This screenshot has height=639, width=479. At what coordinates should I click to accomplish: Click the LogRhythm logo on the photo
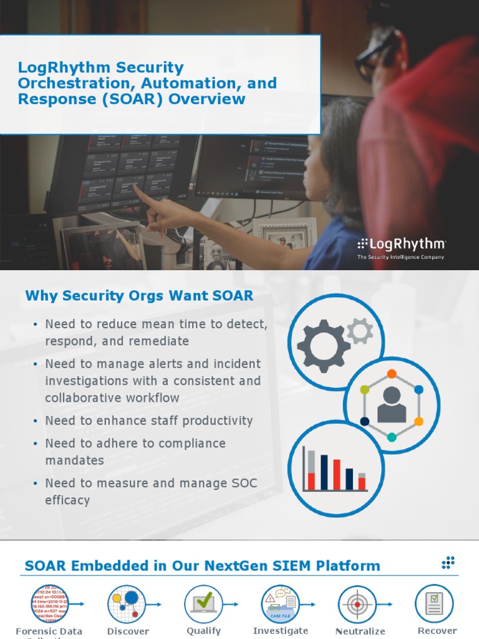(401, 245)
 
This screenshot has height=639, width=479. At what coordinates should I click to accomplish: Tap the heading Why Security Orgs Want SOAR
(139, 296)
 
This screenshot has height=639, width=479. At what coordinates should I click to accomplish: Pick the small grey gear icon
(360, 330)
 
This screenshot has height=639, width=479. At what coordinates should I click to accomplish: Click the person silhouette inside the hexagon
(392, 404)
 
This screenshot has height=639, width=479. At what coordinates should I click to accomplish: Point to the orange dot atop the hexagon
(392, 374)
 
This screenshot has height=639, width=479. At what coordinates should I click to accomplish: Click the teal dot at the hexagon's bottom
(392, 437)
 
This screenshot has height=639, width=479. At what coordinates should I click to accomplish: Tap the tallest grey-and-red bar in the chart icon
(311, 469)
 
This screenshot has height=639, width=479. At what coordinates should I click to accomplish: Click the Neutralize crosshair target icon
(357, 604)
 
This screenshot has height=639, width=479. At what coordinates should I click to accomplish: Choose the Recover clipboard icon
(434, 603)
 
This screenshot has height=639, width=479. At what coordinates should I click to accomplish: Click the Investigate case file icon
(280, 604)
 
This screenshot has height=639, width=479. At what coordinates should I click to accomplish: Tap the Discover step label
(128, 631)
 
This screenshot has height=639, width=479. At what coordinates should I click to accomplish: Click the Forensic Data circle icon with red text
(49, 604)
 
